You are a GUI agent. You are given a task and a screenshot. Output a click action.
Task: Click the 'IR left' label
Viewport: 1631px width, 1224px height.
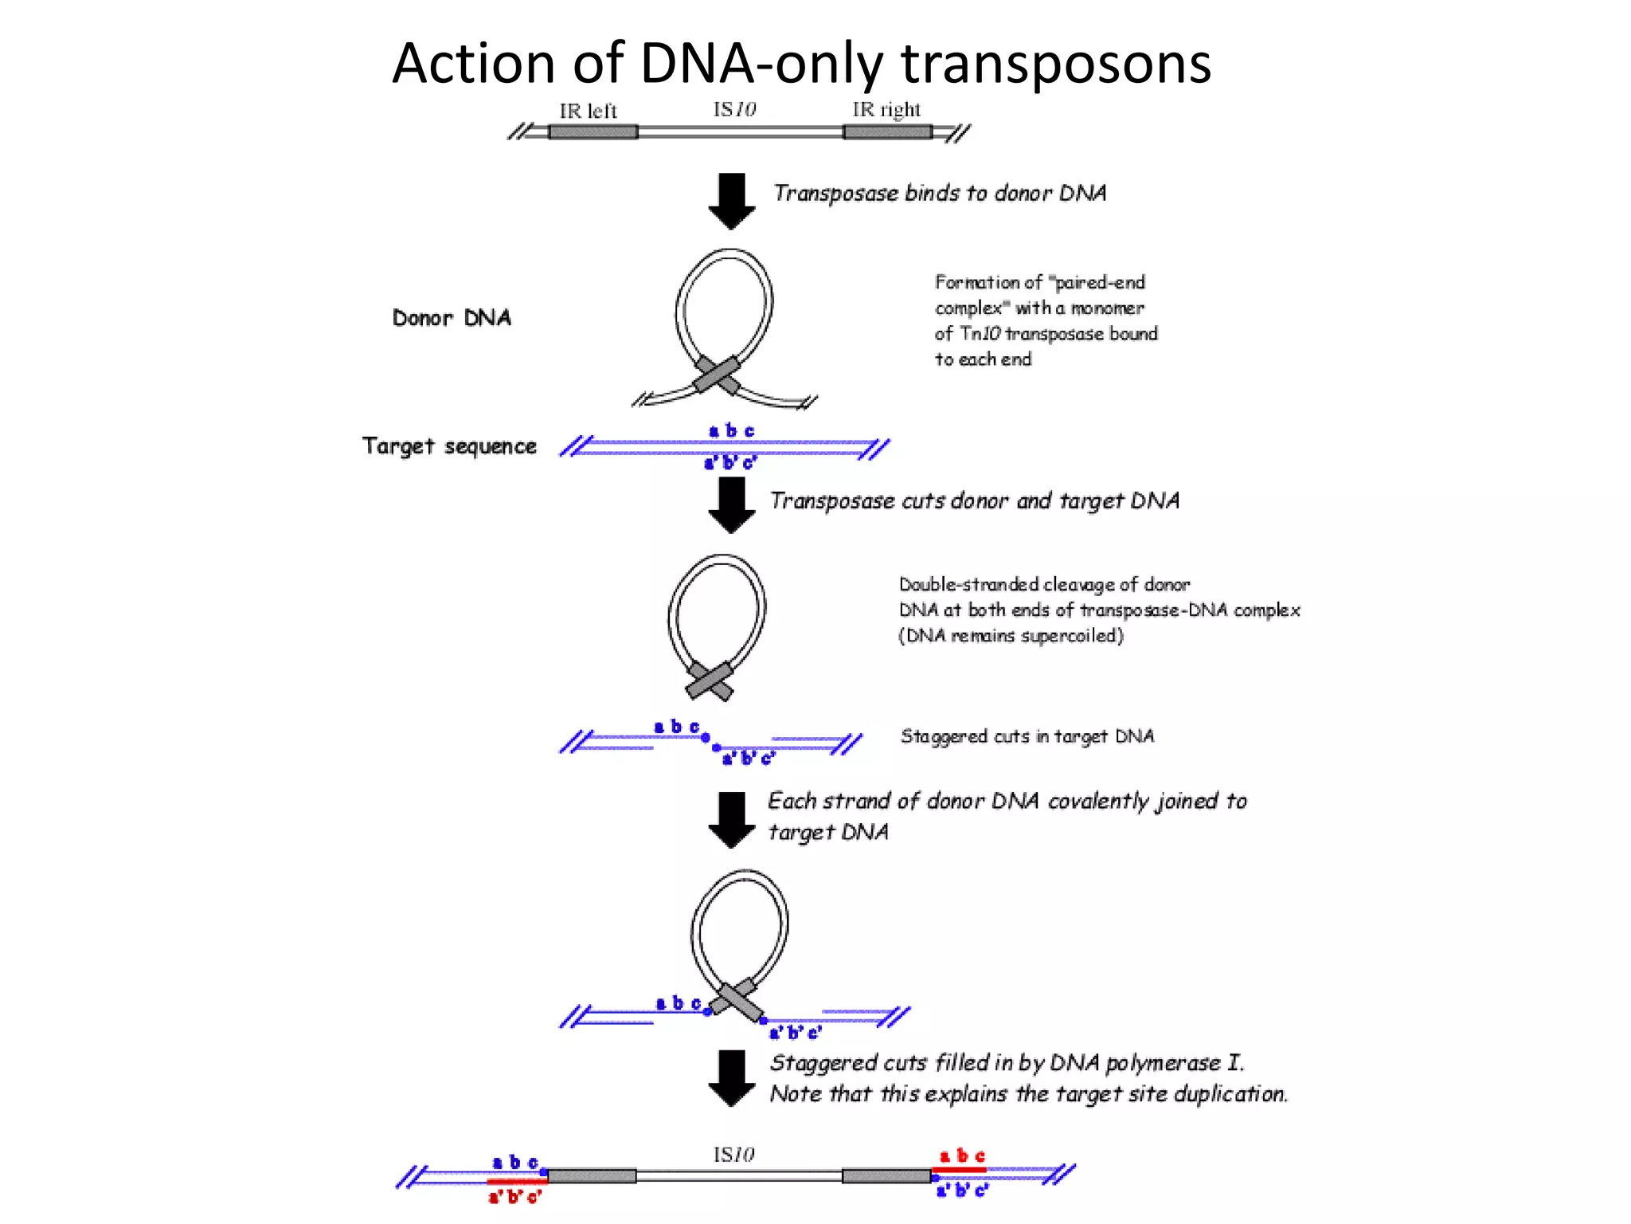pos(588,111)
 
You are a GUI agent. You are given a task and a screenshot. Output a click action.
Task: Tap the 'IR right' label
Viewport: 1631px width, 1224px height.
pos(886,109)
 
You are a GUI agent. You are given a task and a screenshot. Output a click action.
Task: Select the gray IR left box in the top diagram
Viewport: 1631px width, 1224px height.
pos(593,131)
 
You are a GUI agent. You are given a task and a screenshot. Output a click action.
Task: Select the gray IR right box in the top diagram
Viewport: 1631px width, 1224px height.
pos(887,131)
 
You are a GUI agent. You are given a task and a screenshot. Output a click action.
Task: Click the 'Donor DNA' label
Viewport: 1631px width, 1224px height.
pos(452,318)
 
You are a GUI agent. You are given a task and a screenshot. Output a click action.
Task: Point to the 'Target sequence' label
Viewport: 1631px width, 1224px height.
pos(449,446)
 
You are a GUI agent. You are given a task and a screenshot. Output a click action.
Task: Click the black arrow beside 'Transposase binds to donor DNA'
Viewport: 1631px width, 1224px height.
pos(731,201)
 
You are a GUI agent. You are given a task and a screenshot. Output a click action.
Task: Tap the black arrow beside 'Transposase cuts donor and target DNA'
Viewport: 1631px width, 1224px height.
pos(731,505)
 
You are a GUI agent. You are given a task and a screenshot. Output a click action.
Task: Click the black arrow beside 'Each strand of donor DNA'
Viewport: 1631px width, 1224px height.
pos(731,819)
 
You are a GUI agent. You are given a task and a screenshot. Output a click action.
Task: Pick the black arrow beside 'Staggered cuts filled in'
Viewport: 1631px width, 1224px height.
pos(731,1078)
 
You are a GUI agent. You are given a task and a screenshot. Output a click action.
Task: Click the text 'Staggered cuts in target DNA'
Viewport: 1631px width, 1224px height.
pos(1027,736)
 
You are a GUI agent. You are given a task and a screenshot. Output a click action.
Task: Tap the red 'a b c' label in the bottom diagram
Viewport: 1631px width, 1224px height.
pos(962,1156)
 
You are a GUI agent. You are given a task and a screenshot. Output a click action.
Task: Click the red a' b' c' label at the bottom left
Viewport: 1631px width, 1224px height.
pos(514,1197)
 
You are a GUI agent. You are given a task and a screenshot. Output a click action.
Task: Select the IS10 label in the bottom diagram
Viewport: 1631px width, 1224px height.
pos(733,1155)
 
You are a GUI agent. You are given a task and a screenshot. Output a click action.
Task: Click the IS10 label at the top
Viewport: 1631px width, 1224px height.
pos(733,109)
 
